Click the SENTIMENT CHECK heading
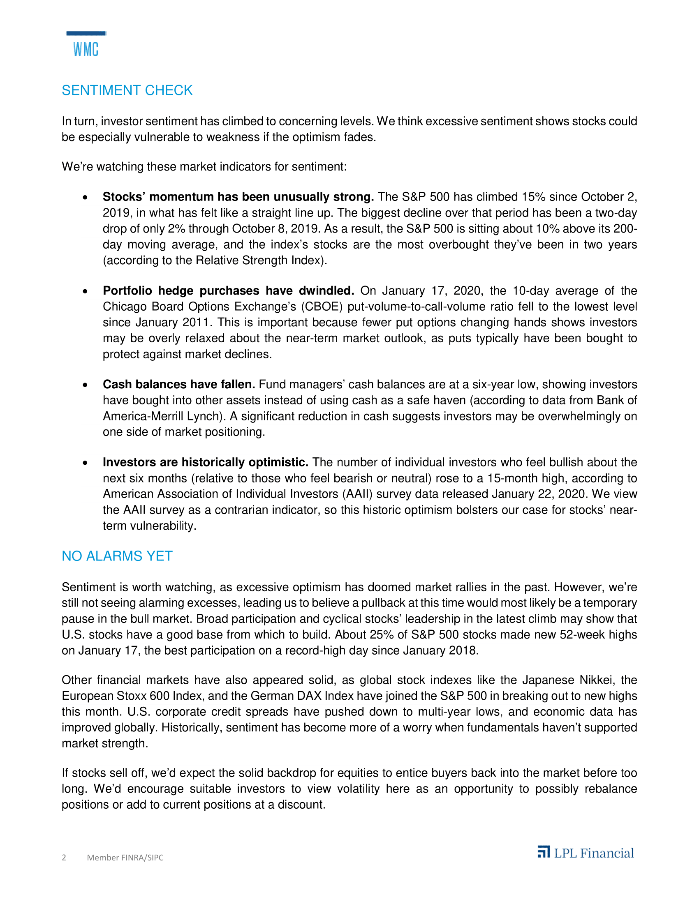(x=127, y=90)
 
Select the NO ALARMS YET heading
(x=117, y=556)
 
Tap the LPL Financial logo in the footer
(x=586, y=853)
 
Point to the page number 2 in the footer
(x=64, y=857)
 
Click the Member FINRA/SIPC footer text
(x=125, y=857)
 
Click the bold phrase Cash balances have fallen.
(x=179, y=384)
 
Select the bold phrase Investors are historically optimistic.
(x=206, y=462)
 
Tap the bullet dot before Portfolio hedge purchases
(x=85, y=291)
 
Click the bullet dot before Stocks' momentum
(x=85, y=197)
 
